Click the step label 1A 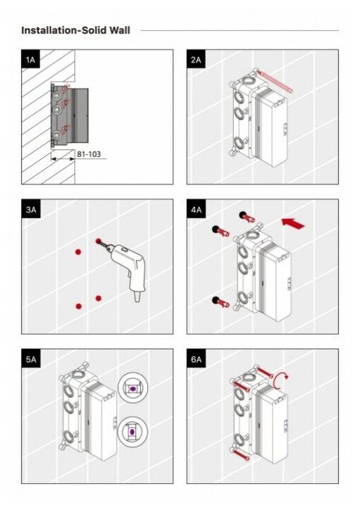[x=30, y=59]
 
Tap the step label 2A [x=196, y=59]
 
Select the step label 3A [x=31, y=209]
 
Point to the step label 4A [x=196, y=209]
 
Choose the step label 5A [x=31, y=359]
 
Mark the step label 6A [x=196, y=359]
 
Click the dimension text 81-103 [x=89, y=154]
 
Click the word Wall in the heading [x=120, y=30]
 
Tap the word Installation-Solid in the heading [x=64, y=30]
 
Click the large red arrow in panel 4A [x=293, y=223]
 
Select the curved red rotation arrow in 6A [x=281, y=380]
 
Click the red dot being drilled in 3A [x=98, y=241]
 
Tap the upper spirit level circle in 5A [x=132, y=388]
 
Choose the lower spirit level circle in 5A [x=132, y=431]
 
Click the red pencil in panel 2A [x=275, y=82]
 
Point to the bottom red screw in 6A [x=240, y=454]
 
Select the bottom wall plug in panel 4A [x=221, y=301]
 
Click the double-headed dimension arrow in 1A [x=63, y=158]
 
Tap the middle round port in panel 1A [x=57, y=110]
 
